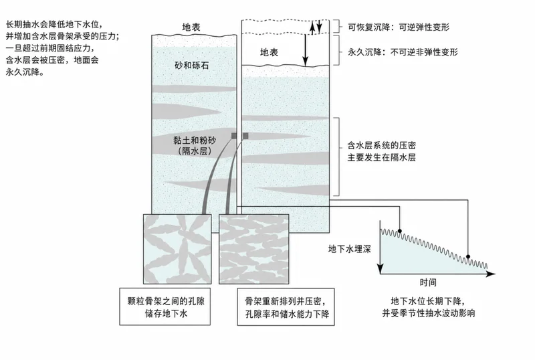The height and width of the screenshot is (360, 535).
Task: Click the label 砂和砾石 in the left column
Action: tap(191, 65)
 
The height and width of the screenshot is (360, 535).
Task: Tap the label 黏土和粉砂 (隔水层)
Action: tap(195, 145)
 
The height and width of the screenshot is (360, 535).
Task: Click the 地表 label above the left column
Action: tap(191, 27)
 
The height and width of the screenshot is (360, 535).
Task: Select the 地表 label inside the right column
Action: tap(270, 52)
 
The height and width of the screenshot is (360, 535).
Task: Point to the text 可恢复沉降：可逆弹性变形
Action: tap(399, 27)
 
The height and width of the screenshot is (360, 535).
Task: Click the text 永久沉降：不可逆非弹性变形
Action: tap(403, 52)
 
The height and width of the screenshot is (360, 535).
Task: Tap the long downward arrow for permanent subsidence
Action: tap(306, 50)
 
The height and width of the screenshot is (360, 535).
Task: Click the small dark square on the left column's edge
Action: tap(234, 136)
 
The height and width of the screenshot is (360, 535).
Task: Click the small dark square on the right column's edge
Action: tap(245, 136)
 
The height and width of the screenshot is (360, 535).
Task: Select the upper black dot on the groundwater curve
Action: tap(399, 232)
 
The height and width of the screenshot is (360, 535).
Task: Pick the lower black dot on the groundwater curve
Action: tap(468, 256)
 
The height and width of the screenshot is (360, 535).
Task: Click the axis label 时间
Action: tap(428, 282)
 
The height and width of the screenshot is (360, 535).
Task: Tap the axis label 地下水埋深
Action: tap(349, 249)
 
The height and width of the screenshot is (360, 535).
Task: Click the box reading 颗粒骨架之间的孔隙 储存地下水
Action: tap(165, 306)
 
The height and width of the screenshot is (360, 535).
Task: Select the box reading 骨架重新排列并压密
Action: tap(286, 306)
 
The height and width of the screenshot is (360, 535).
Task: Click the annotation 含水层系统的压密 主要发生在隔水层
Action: tap(381, 151)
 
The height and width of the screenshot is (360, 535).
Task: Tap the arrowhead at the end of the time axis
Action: tap(491, 274)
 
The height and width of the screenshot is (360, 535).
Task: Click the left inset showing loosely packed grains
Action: tap(177, 249)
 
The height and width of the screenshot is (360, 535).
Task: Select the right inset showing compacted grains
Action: tap(254, 249)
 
